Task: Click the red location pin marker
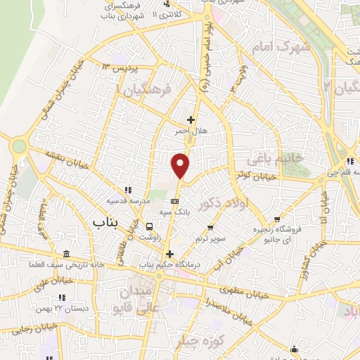pyautogui.click(x=181, y=165)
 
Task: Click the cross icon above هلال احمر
pyautogui.click(x=190, y=120)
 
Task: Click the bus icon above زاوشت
pyautogui.click(x=149, y=226)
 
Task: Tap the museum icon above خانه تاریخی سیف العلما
pyautogui.click(x=66, y=254)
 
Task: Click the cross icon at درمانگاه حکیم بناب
pyautogui.click(x=168, y=254)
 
